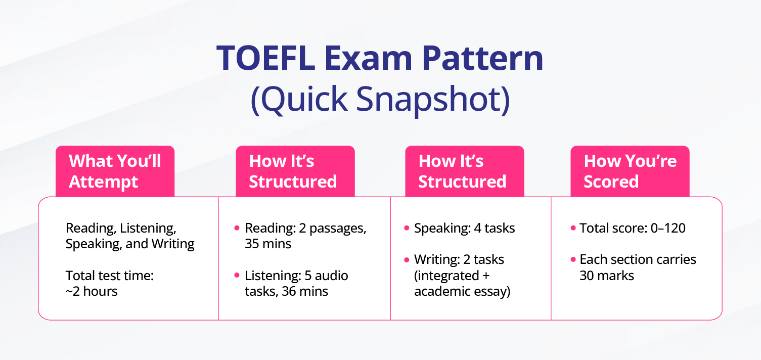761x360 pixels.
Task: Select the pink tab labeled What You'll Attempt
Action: coord(115,171)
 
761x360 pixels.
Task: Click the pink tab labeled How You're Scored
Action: coord(630,171)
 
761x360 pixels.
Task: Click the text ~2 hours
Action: coord(92,291)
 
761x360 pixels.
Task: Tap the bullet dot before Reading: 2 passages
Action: coord(237,228)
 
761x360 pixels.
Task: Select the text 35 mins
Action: coord(268,244)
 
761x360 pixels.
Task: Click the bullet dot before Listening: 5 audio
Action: coord(237,276)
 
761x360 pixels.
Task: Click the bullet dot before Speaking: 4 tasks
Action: coord(407,228)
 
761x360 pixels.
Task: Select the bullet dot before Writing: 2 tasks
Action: coord(407,260)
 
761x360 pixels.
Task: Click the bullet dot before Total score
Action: coord(573,228)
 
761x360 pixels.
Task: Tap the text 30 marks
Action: coord(607,276)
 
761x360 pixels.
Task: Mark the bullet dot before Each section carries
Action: coord(573,260)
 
